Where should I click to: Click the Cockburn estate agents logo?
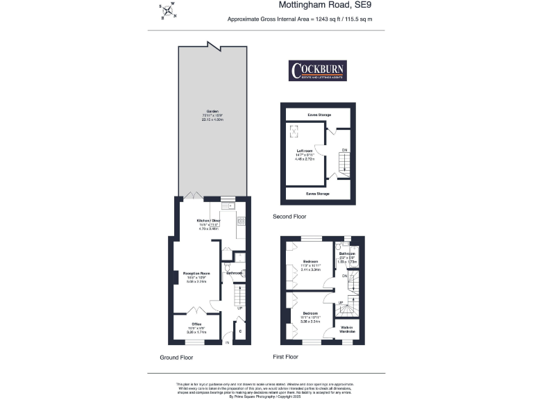[318, 72]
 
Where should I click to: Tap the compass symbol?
[167, 12]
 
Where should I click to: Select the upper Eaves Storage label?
[319, 115]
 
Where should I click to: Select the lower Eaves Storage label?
[318, 194]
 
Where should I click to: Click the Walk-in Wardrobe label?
[347, 331]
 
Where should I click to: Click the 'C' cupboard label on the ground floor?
[241, 331]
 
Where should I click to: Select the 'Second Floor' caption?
[289, 217]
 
